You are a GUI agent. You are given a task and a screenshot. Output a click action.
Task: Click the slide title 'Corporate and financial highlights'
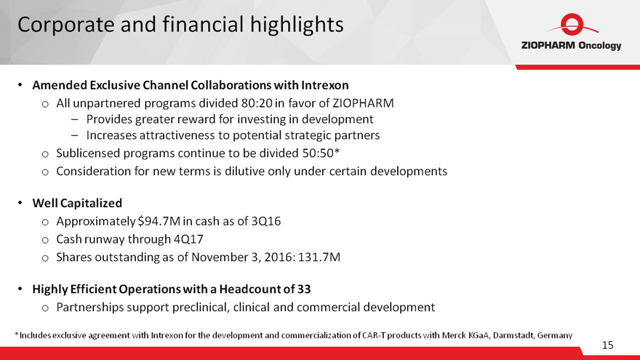180,25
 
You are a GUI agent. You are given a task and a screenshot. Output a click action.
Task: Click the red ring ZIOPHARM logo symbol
572,25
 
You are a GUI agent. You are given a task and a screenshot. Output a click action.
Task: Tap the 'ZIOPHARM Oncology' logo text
571,45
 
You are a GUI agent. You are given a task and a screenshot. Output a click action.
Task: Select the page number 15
607,345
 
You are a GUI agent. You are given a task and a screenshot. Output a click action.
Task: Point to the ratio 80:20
257,103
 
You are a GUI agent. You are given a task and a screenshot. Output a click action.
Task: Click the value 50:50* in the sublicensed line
321,153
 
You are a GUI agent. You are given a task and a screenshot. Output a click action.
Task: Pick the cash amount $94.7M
159,221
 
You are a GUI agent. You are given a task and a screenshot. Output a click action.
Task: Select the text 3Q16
266,221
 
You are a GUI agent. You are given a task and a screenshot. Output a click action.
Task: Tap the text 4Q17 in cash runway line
188,239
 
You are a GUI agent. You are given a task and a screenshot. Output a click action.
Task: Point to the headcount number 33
304,289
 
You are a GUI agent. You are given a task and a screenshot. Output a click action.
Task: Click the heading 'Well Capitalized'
77,203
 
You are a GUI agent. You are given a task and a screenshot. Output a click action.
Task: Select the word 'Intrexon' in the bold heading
325,85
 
